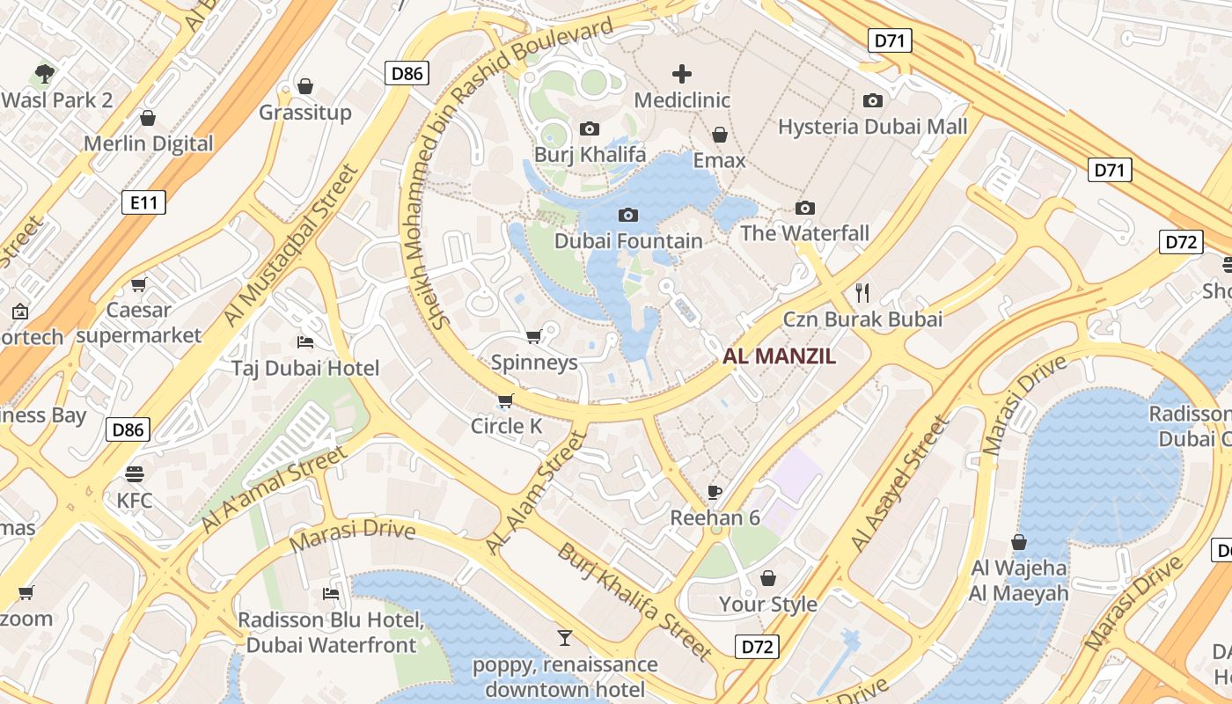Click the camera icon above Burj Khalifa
click(590, 129)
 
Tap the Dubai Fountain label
click(628, 240)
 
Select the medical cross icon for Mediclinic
click(682, 74)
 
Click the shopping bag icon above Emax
click(720, 135)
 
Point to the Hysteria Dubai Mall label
click(872, 126)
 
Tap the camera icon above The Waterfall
click(804, 209)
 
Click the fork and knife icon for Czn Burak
click(862, 293)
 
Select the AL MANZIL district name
click(779, 356)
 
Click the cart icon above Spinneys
click(533, 337)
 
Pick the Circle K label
click(506, 426)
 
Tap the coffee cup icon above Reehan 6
click(715, 492)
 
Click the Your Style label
click(768, 604)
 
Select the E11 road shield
click(143, 203)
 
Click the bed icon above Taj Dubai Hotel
click(305, 342)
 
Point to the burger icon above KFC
click(135, 474)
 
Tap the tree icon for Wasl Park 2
click(45, 73)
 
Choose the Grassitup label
click(304, 112)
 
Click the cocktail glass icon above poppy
click(565, 637)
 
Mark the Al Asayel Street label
click(900, 484)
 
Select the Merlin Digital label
click(148, 143)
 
